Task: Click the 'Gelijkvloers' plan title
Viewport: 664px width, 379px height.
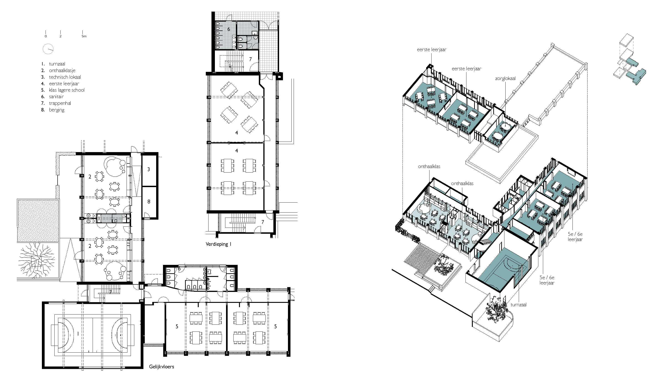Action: click(x=161, y=366)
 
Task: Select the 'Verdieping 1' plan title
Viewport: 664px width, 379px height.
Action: click(x=218, y=244)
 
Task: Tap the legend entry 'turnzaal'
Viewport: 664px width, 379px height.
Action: click(x=57, y=64)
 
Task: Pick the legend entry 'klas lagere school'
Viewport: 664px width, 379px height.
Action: click(x=67, y=90)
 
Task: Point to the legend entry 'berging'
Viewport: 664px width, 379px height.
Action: click(x=56, y=110)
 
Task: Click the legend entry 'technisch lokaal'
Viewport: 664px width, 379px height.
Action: click(x=65, y=77)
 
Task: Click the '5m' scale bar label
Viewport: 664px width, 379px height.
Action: click(x=84, y=36)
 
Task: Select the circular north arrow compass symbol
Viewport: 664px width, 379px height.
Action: click(x=48, y=49)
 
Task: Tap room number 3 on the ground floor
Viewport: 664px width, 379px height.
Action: click(x=149, y=169)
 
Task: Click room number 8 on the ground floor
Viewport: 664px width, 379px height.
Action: click(x=149, y=201)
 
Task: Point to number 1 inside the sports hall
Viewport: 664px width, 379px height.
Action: click(x=78, y=334)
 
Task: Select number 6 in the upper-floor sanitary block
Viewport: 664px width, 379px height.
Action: click(x=229, y=29)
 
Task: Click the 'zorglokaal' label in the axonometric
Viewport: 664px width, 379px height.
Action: click(x=505, y=78)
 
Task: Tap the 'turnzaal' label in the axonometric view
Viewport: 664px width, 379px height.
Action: click(x=519, y=305)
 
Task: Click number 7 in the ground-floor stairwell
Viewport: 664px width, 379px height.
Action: click(x=110, y=292)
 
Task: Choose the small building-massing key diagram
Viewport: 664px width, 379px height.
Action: click(x=630, y=60)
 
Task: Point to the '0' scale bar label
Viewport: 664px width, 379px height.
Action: click(x=46, y=36)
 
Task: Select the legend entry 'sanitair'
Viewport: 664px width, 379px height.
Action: click(x=56, y=96)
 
